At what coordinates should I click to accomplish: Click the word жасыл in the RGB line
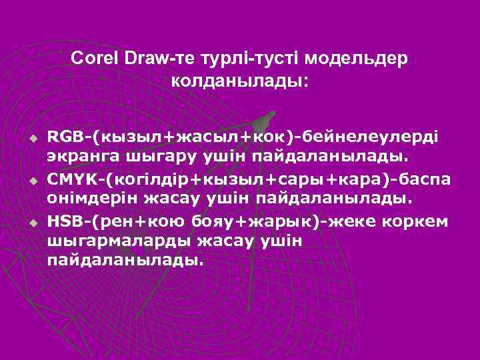pos(199,137)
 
